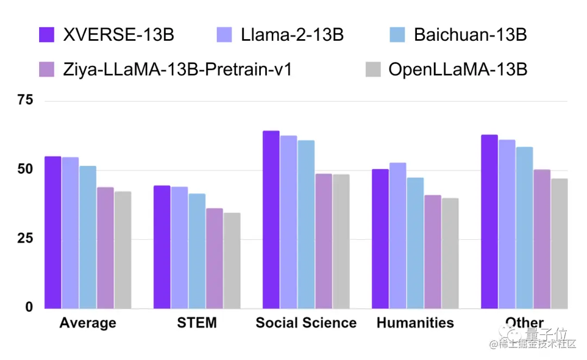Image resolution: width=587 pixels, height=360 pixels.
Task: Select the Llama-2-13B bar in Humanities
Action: (398, 235)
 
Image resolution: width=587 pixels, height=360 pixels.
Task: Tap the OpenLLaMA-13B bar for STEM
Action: (232, 260)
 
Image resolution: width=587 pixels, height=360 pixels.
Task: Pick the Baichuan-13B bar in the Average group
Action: (88, 237)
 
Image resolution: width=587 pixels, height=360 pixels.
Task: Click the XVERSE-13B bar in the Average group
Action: (53, 232)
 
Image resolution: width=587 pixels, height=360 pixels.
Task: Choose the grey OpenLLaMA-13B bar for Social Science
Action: (341, 241)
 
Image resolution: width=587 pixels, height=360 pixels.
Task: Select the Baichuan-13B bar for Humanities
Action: (415, 243)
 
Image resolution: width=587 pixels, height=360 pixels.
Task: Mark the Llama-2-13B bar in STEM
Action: (179, 247)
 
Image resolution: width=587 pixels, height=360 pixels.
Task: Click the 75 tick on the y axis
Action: (25, 101)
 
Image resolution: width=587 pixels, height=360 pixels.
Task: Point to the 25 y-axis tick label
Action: (25, 239)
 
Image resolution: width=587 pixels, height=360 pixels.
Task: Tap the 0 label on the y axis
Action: (29, 308)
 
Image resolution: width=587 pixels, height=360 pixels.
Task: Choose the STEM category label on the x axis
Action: (197, 323)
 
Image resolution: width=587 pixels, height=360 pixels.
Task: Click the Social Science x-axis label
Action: (306, 323)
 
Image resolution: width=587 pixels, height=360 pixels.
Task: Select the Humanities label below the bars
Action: (415, 323)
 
